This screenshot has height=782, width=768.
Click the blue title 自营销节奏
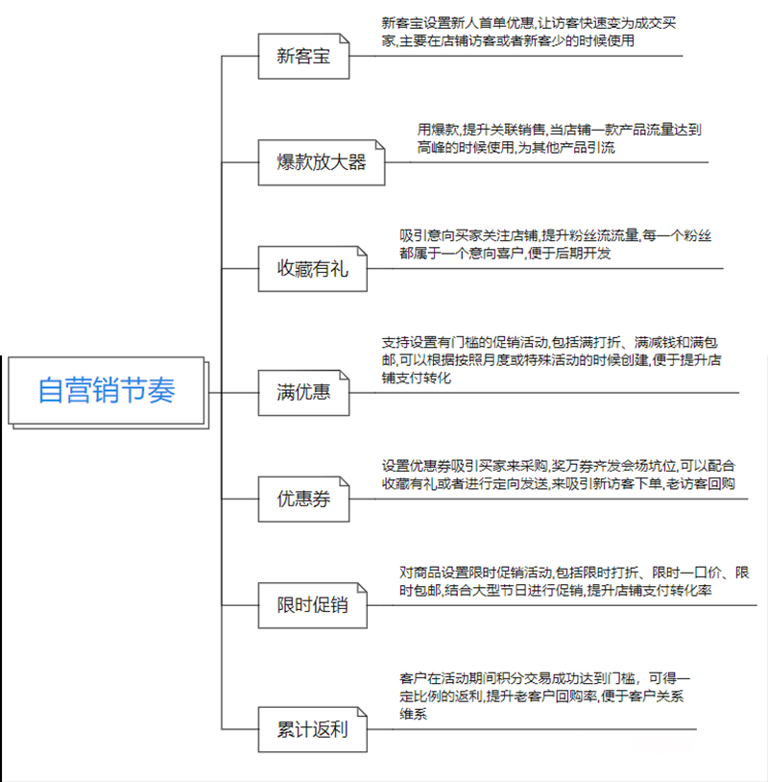(x=107, y=390)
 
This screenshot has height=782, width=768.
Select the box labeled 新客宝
(x=303, y=57)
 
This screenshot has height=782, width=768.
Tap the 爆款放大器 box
(x=322, y=162)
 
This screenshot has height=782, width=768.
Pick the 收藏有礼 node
(x=313, y=269)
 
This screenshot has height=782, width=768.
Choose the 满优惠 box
(x=303, y=393)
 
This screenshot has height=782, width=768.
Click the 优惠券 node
(x=303, y=500)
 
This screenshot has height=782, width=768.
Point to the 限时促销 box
(x=313, y=605)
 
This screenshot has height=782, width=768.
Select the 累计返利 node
(x=313, y=729)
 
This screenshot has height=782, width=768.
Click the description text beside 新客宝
(x=529, y=32)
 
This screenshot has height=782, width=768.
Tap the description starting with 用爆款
(x=559, y=138)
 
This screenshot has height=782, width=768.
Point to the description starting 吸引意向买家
(x=555, y=244)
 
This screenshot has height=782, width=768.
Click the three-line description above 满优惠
(x=551, y=360)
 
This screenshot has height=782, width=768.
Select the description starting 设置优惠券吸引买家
(x=558, y=475)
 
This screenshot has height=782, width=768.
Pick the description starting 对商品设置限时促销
(x=574, y=581)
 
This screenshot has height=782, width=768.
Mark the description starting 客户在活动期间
(x=544, y=696)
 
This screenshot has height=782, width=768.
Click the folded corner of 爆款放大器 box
(x=380, y=145)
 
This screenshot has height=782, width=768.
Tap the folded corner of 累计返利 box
(x=362, y=712)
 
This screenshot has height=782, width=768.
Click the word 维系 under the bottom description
(x=413, y=714)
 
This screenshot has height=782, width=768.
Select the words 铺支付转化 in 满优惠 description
(x=417, y=379)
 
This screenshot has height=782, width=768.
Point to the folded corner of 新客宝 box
(x=344, y=38)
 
